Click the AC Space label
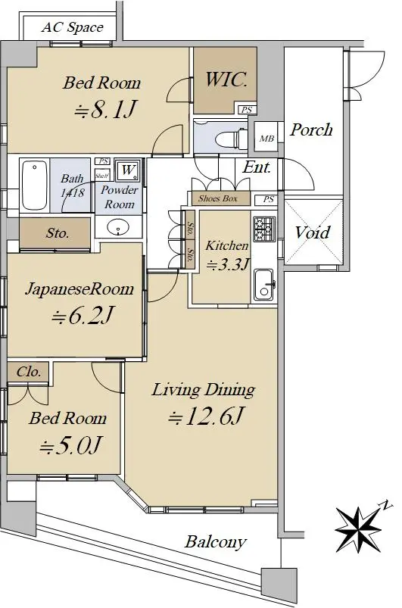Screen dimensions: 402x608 73,27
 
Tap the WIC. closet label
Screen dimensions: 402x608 226,80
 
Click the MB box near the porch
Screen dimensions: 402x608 266,139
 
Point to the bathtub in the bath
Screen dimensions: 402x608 35,185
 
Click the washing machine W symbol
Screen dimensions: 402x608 127,170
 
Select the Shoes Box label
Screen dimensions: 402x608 217,198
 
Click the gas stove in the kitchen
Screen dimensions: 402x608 264,228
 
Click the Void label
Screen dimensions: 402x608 312,232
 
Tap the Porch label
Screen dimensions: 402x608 311,130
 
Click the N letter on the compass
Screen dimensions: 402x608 385,505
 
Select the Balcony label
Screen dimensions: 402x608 216,542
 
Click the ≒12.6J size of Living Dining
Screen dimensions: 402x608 206,417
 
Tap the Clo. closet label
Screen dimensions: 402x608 29,372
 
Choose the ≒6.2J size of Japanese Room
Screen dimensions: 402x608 83,316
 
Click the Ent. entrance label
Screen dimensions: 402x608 257,167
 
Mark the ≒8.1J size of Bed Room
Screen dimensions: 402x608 105,110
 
